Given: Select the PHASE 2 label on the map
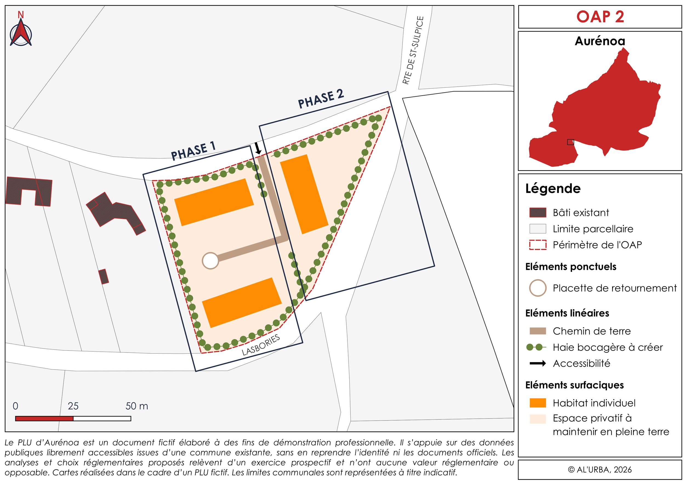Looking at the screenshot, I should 321,99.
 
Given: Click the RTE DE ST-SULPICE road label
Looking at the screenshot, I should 413,50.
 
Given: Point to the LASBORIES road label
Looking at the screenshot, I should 261,345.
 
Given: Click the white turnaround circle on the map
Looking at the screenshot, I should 210,260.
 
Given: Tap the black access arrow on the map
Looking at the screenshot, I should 258,148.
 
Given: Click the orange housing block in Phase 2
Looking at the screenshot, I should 304,194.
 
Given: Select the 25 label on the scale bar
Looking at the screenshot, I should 73,406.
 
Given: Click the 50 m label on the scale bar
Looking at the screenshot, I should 137,406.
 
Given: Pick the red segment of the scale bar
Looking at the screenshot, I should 44,418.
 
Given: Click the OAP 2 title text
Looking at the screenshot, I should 600,17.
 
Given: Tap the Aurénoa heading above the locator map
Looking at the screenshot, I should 600,41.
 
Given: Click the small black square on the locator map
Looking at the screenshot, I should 570,142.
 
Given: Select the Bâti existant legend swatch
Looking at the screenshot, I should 538,212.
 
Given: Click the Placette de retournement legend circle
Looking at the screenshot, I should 538,288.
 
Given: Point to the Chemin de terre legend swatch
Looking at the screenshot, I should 538,331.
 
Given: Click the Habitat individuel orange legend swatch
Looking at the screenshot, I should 538,403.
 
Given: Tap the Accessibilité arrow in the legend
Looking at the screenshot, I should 538,363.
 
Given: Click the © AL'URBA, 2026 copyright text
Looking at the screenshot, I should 600,470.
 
